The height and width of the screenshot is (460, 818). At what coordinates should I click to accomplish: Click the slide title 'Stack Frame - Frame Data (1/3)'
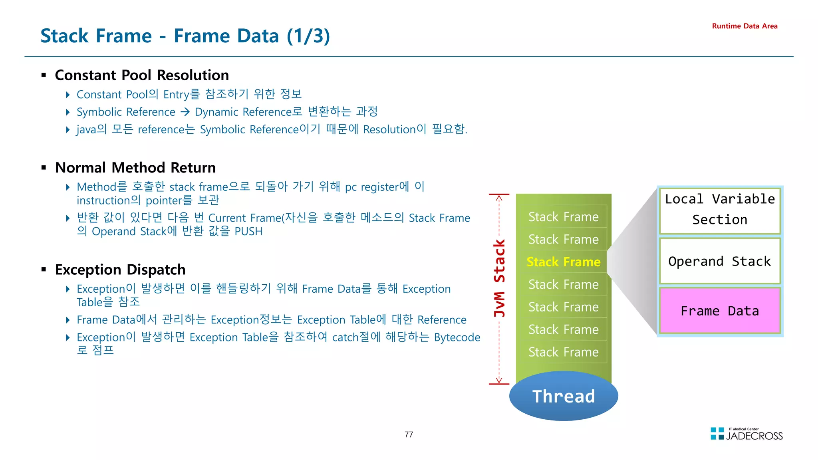[x=185, y=36]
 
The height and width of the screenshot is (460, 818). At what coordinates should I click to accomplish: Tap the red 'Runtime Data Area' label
[x=745, y=26]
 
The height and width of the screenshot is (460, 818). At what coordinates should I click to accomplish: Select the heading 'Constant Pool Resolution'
[x=142, y=75]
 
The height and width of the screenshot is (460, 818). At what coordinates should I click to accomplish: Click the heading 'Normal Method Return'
[x=135, y=167]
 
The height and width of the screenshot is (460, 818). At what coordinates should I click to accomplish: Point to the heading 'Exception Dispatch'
[x=120, y=270]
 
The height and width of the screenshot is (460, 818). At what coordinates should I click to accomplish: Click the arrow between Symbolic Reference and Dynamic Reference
[x=185, y=112]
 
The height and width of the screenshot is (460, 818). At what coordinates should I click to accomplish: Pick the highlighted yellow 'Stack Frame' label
[x=563, y=262]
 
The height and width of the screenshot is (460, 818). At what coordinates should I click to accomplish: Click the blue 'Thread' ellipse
[x=564, y=396]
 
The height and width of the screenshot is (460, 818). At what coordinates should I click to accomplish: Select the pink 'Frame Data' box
[x=720, y=311]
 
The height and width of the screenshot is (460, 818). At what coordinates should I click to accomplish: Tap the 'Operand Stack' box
[x=720, y=261]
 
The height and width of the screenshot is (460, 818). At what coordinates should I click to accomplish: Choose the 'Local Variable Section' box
[x=720, y=210]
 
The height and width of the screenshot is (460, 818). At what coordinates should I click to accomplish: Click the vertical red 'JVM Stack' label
[x=499, y=278]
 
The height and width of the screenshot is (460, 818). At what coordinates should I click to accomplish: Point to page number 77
[x=409, y=434]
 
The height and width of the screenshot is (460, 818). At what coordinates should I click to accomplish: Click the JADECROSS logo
[x=747, y=434]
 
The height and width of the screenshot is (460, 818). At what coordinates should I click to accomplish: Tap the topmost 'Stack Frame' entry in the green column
[x=563, y=217]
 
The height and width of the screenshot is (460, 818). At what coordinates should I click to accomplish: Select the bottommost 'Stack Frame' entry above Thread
[x=563, y=352]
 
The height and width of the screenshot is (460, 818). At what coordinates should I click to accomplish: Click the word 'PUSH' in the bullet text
[x=248, y=232]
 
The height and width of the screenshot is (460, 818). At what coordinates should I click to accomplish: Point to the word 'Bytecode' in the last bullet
[x=457, y=337]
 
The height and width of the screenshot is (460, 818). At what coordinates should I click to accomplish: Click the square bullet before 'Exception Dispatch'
[x=44, y=270]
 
